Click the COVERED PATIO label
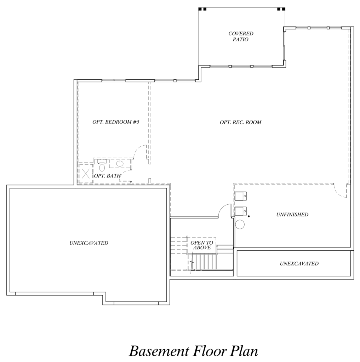[241, 36]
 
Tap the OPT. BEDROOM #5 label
[116, 122]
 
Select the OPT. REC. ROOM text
[240, 122]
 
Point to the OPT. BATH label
[107, 176]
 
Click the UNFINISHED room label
[292, 215]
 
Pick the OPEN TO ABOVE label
[202, 245]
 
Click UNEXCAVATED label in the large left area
[89, 243]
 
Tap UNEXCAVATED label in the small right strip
[299, 263]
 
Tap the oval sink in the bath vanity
[120, 164]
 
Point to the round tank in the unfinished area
[240, 224]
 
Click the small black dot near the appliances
[249, 216]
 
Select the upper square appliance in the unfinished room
[241, 196]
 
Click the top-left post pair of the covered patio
[202, 9]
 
